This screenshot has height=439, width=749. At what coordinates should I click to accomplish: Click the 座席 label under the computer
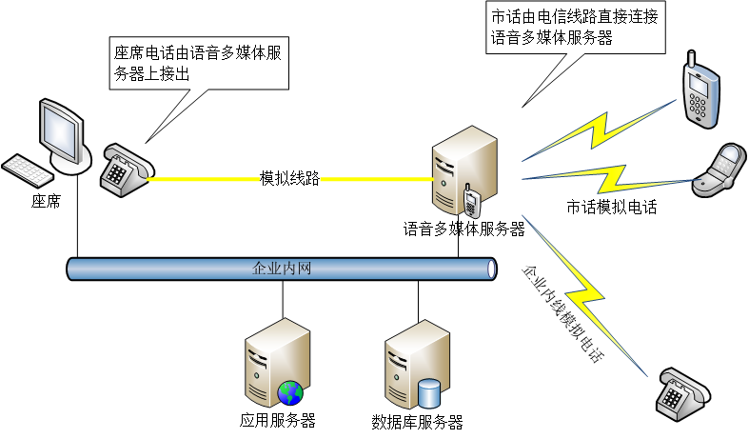[46, 202]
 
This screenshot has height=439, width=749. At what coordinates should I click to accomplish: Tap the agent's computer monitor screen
[59, 130]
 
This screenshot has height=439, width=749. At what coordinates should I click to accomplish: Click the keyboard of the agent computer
[28, 171]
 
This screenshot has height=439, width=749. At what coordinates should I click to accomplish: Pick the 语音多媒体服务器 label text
[464, 229]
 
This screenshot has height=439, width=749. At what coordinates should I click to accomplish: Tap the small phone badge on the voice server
[470, 203]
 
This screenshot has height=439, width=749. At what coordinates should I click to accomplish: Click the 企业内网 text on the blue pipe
[282, 269]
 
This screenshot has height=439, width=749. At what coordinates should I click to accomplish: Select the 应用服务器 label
[278, 420]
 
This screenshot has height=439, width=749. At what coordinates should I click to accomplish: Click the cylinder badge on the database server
[429, 392]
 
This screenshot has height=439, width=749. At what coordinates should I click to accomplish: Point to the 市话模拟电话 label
[612, 207]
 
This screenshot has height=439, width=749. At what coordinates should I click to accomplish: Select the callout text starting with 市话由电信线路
[568, 28]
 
